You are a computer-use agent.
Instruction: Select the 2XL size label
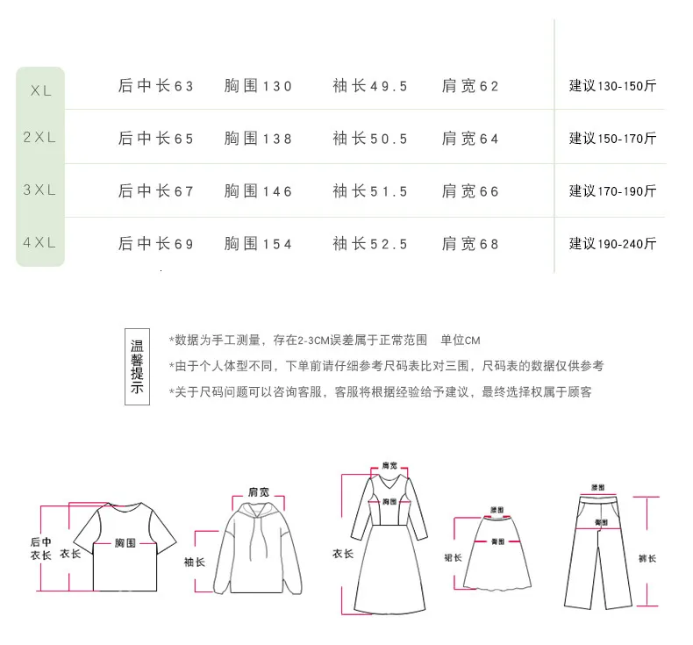[x=39, y=138]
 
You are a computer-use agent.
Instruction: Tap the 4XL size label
[x=39, y=243]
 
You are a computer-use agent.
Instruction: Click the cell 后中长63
[x=156, y=86]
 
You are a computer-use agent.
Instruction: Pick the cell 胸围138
[x=258, y=139]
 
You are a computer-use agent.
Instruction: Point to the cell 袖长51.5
[x=370, y=191]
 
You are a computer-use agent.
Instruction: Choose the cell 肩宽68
[x=470, y=244]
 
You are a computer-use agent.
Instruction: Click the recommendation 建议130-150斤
[x=612, y=86]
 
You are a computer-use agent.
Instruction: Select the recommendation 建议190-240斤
[x=612, y=244]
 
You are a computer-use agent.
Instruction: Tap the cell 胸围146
[x=258, y=191]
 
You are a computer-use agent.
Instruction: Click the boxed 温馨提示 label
[x=136, y=367]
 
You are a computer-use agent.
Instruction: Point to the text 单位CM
[x=461, y=340]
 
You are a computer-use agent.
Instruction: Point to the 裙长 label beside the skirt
[x=453, y=557]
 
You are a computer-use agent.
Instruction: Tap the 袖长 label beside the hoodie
[x=194, y=562]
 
